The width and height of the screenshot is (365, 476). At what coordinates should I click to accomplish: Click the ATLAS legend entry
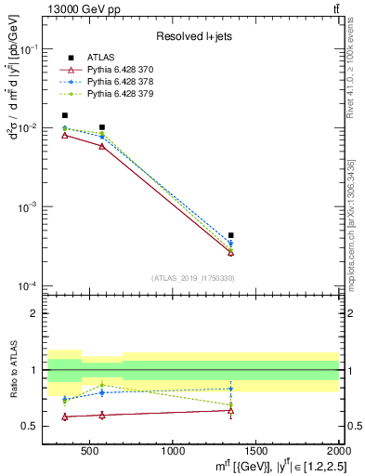(x=100, y=59)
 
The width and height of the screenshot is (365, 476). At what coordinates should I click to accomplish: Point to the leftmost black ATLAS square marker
(x=64, y=115)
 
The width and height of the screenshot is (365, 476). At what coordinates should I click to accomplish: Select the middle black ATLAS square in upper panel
(x=102, y=127)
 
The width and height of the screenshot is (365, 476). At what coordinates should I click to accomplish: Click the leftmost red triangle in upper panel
(x=64, y=135)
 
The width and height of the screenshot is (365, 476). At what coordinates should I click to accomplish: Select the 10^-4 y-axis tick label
(x=28, y=285)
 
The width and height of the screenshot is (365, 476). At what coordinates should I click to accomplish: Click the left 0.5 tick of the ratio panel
(x=32, y=427)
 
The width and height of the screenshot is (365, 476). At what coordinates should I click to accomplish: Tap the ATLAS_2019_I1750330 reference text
(x=192, y=278)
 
